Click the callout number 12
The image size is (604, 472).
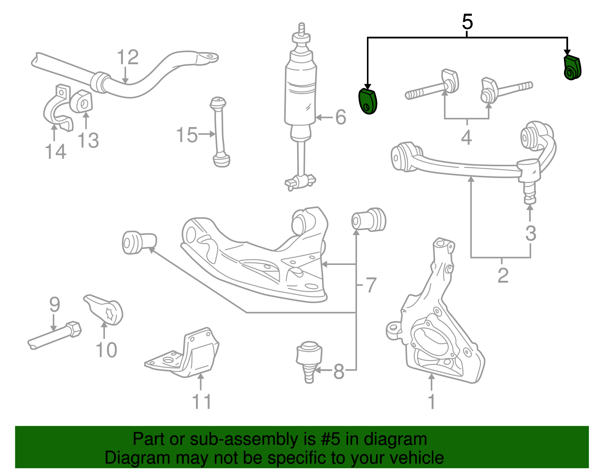(128, 57)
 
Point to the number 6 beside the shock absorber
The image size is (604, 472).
(341, 117)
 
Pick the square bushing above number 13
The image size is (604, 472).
(82, 101)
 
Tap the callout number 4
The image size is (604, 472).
(467, 137)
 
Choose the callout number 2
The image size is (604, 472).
(503, 275)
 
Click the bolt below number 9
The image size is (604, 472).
(55, 336)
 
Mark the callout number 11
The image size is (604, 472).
(202, 402)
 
